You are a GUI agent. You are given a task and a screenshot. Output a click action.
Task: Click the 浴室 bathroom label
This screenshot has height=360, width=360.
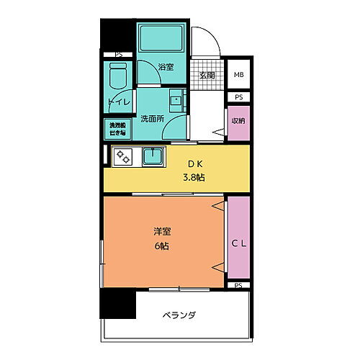(x=166, y=68)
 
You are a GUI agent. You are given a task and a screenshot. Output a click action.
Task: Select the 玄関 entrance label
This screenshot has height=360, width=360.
(x=207, y=74)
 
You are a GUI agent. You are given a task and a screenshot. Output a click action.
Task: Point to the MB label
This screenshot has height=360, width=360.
(x=238, y=74)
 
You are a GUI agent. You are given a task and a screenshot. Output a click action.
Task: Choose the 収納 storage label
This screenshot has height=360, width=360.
(x=238, y=121)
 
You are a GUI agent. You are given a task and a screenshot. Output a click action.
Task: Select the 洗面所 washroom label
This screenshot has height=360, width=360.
(x=153, y=119)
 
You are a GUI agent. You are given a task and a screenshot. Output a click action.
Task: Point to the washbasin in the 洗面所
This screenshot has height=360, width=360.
(x=176, y=100)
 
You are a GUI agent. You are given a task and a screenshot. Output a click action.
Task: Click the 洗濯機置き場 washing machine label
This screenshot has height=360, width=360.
(x=117, y=130)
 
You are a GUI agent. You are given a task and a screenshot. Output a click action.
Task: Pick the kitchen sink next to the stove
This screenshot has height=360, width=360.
(x=153, y=156)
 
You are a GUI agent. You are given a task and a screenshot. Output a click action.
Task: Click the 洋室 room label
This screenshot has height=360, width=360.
(x=161, y=232)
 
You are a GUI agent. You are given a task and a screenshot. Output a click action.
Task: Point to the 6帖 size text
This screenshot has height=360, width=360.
(x=161, y=246)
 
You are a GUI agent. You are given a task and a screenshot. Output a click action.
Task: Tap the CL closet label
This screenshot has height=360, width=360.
(x=238, y=243)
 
